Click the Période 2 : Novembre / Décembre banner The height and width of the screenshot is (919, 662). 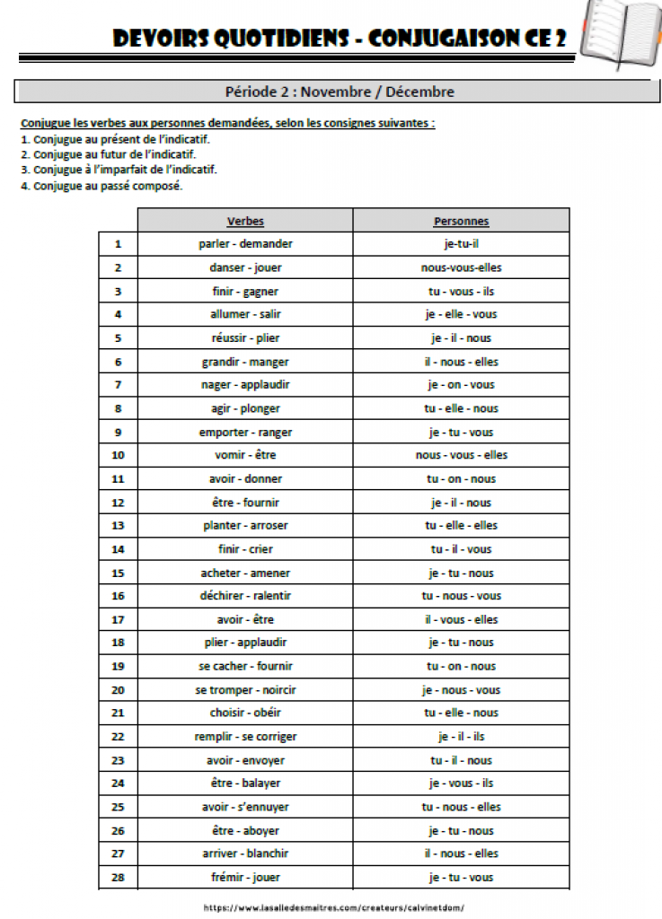coord(340,92)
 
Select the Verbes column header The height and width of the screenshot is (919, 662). coord(245,221)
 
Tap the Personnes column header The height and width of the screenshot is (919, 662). coord(461,221)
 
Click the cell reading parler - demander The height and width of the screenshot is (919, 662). coord(245,244)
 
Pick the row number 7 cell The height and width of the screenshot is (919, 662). coord(118,385)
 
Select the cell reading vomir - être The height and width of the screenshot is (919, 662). coord(245,455)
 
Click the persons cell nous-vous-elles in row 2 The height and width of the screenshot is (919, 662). coord(461,267)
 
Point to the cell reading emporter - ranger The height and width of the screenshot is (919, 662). coord(245,432)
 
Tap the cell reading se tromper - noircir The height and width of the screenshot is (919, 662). coord(245,690)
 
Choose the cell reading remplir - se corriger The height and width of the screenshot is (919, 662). coord(245,737)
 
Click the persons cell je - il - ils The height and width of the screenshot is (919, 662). coord(461,737)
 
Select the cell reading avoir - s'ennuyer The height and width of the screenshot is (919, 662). coord(245,807)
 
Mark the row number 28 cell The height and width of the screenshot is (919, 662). coord(118,878)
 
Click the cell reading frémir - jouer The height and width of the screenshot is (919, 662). coord(245,878)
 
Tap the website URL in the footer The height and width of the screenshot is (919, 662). coord(334,907)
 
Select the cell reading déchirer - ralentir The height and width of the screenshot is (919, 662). coord(245,596)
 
